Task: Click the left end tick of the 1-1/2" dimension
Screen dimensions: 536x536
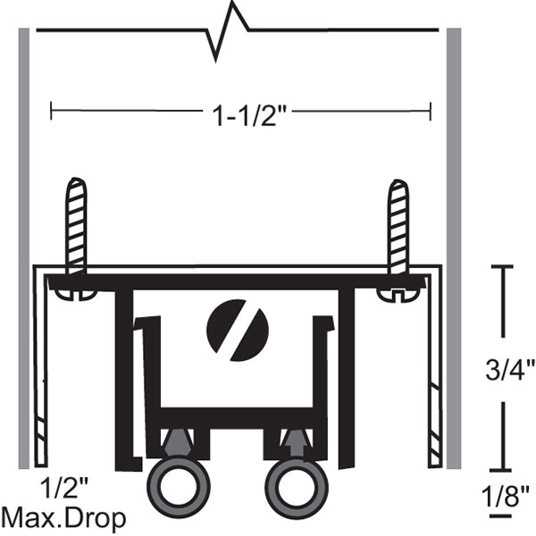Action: [52, 112]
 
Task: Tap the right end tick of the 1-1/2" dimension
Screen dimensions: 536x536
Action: [431, 112]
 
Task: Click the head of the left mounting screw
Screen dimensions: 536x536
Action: [73, 294]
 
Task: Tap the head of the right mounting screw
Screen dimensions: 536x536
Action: [398, 294]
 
